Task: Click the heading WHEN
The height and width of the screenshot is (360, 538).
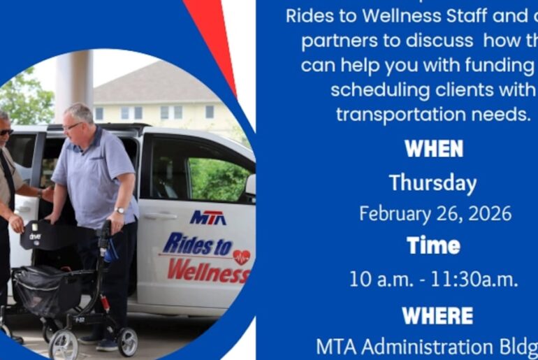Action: pos(433,149)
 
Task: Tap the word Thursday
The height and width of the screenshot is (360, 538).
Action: pos(433,182)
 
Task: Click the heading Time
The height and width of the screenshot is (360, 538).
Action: pos(433,245)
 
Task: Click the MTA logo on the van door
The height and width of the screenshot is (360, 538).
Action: pos(208,217)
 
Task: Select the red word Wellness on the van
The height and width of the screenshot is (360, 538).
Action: pos(208,270)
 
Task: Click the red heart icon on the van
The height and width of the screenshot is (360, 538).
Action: pos(241,257)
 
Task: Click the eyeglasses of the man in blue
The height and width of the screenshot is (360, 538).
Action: pos(71,127)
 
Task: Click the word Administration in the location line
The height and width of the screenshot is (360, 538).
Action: pos(433,347)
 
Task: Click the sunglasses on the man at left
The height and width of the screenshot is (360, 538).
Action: pos(5,131)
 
